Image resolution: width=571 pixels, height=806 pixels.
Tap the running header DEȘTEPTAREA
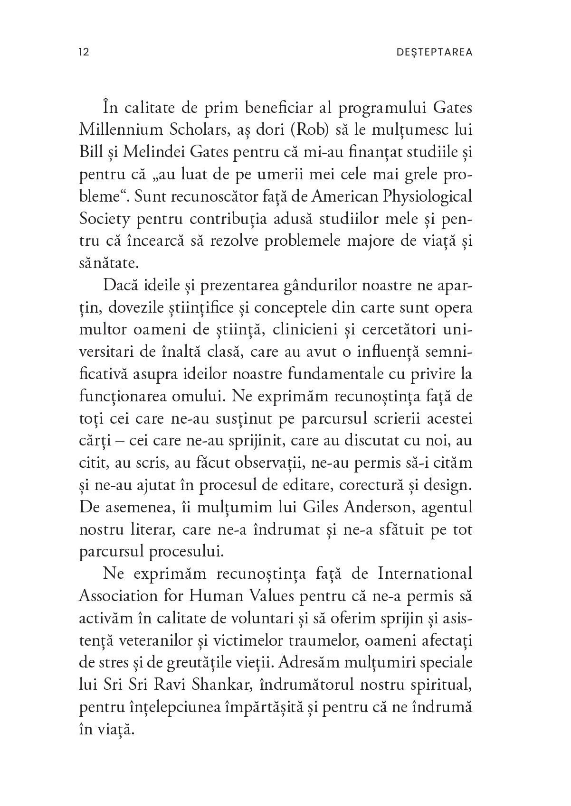434,52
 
